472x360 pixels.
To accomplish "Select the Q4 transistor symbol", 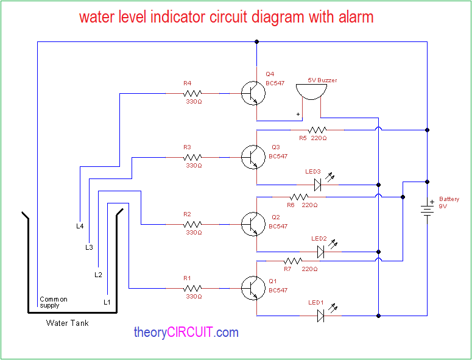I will click(253, 93).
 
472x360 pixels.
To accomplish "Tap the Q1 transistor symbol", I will click(253, 285).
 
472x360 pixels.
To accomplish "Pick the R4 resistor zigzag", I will click(192, 93).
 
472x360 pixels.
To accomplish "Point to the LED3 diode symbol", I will click(317, 184).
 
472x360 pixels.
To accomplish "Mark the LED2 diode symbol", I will click(321, 251).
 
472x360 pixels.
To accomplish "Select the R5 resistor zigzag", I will click(317, 130).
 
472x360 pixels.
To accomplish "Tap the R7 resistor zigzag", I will click(294, 261).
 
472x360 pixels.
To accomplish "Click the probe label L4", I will click(80, 226).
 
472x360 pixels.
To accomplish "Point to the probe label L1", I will click(107, 302).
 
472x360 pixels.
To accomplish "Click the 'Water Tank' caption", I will click(67, 323).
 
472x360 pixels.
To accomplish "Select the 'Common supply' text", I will click(53, 302).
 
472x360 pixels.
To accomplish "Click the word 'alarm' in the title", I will click(351, 17).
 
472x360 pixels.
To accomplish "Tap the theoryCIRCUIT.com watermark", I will click(186, 333).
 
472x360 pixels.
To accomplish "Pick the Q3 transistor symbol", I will click(253, 157).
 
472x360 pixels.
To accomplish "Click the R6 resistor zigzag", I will click(298, 197).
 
